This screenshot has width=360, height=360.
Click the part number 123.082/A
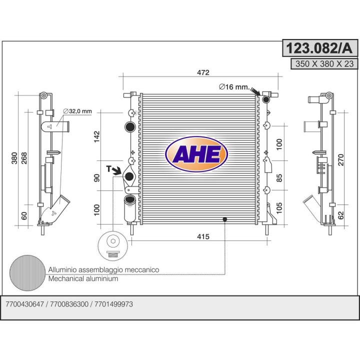[319, 48]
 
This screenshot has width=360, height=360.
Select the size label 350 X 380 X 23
[324, 64]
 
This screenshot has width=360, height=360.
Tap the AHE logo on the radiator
[196, 154]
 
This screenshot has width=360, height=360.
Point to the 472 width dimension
[203, 72]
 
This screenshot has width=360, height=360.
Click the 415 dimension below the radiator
[203, 236]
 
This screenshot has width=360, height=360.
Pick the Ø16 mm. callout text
[234, 87]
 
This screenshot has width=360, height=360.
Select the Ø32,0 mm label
[77, 111]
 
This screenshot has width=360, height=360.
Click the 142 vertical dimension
[97, 136]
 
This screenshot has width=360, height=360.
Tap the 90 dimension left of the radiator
[97, 178]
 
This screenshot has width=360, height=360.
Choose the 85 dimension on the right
[279, 178]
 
